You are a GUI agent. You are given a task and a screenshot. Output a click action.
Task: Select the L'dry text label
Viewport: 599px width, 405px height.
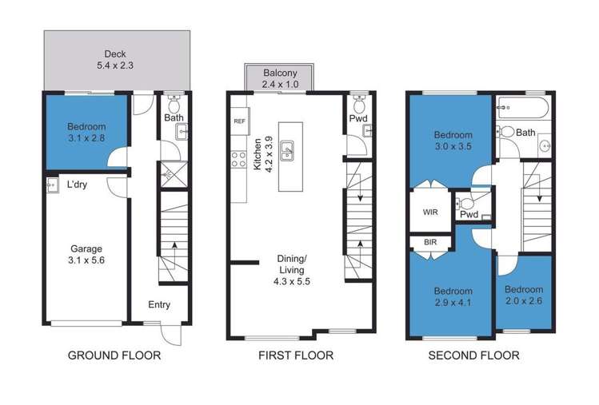pyautogui.click(x=78, y=185)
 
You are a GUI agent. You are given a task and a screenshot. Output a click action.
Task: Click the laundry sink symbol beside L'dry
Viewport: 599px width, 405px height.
pyautogui.click(x=52, y=185)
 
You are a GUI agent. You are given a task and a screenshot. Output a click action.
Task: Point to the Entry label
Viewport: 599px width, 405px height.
pyautogui.click(x=159, y=304)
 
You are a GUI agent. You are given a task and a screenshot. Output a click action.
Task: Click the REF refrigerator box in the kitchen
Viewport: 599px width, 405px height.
pyautogui.click(x=238, y=121)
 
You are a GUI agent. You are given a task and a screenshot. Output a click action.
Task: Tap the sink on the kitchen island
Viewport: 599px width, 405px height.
pyautogui.click(x=291, y=149)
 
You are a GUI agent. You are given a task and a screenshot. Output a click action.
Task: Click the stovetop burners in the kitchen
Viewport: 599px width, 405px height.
pyautogui.click(x=237, y=158)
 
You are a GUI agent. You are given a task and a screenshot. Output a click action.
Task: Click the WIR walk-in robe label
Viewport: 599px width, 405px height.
pyautogui.click(x=430, y=212)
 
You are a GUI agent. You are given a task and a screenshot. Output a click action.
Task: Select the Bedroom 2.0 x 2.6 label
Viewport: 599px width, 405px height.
pyautogui.click(x=524, y=295)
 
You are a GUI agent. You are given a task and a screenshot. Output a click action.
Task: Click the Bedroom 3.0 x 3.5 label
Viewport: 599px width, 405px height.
pyautogui.click(x=453, y=141)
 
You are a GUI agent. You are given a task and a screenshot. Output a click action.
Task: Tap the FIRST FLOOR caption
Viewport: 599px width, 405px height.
pyautogui.click(x=295, y=355)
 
